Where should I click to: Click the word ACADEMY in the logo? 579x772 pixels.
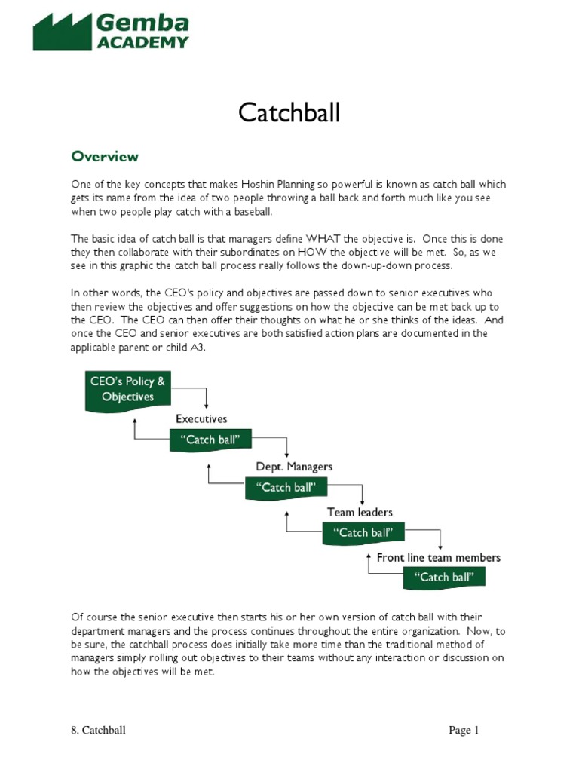(142, 42)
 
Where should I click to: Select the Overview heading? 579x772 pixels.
(105, 157)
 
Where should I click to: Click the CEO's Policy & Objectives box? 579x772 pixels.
(127, 390)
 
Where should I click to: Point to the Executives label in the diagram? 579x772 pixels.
(201, 418)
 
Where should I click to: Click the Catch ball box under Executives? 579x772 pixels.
(210, 440)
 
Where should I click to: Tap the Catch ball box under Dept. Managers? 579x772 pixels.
(287, 488)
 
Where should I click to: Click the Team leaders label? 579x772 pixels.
(360, 512)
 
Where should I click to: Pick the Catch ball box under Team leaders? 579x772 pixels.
(363, 533)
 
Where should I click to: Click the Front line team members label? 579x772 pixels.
(438, 558)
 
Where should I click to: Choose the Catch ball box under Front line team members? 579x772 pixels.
(444, 578)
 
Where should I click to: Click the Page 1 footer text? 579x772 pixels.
(464, 730)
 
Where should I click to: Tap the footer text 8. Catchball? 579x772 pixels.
(93, 730)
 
